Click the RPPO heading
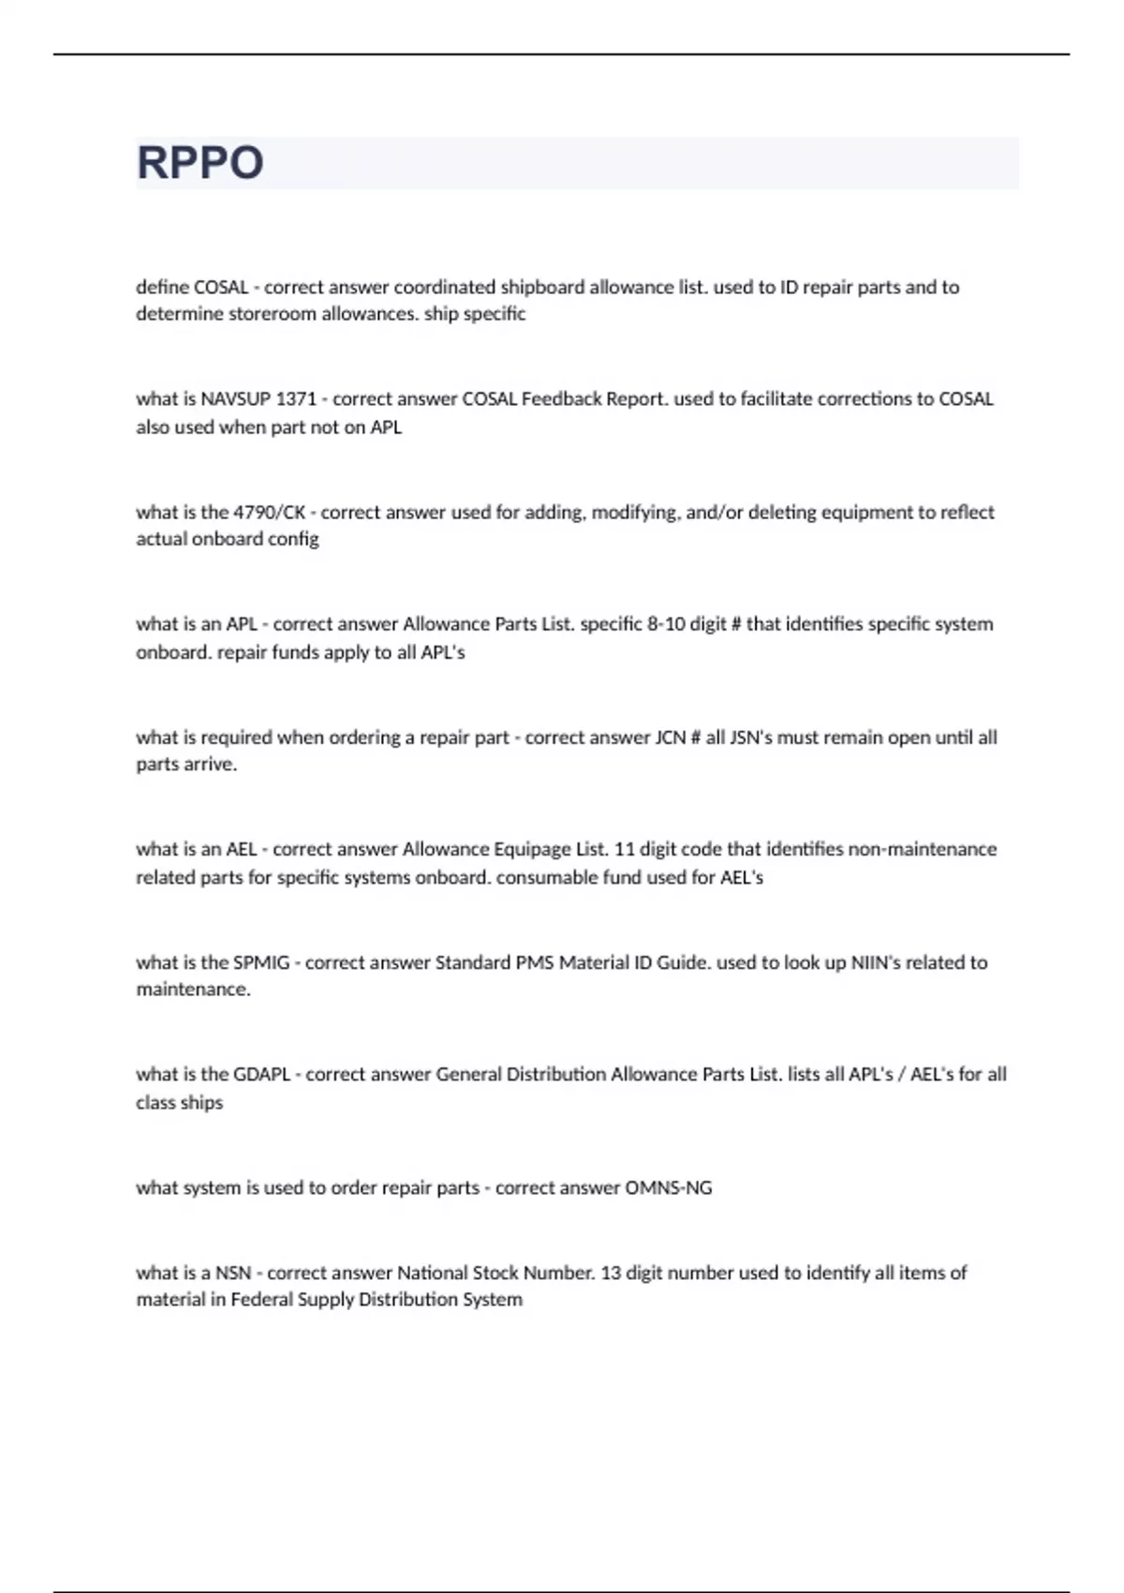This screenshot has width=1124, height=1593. point(200,163)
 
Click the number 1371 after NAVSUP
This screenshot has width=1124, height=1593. point(296,399)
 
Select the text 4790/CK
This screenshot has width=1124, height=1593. point(269,513)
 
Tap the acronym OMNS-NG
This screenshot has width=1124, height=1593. point(668,1188)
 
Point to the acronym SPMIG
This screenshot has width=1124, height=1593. point(261,962)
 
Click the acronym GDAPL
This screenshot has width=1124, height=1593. point(261,1075)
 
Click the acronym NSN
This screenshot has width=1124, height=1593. point(233,1273)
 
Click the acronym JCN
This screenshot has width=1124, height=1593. point(669,737)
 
